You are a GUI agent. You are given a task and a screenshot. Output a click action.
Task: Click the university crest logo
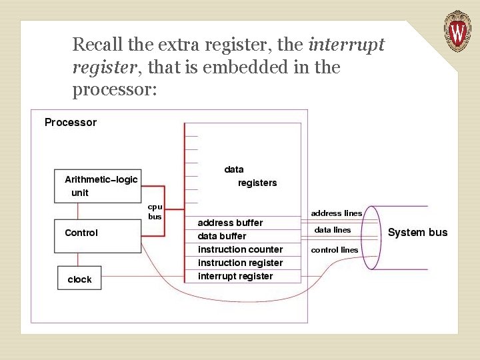(457, 31)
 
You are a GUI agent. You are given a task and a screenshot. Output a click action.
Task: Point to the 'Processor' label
(71, 123)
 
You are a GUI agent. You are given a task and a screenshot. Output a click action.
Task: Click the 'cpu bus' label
(155, 211)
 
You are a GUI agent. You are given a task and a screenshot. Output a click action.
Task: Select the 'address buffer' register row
(231, 223)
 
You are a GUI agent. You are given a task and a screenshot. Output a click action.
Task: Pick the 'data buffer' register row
(222, 236)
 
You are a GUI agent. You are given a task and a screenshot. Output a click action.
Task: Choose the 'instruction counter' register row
(240, 249)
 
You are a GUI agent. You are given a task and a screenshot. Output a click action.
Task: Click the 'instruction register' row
(240, 263)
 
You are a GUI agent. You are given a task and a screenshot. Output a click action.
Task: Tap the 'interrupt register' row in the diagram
(235, 276)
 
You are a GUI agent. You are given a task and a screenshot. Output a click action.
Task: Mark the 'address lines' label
(337, 213)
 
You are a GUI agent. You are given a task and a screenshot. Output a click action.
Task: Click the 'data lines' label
(333, 230)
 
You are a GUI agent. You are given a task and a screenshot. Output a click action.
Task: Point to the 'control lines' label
(335, 250)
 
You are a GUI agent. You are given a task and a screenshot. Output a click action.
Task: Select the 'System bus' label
(417, 233)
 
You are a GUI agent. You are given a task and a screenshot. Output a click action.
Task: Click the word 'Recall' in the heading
(94, 45)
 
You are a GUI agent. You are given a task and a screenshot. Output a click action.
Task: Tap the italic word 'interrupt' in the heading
(347, 45)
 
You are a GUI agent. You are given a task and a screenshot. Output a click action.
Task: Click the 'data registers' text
(247, 176)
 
